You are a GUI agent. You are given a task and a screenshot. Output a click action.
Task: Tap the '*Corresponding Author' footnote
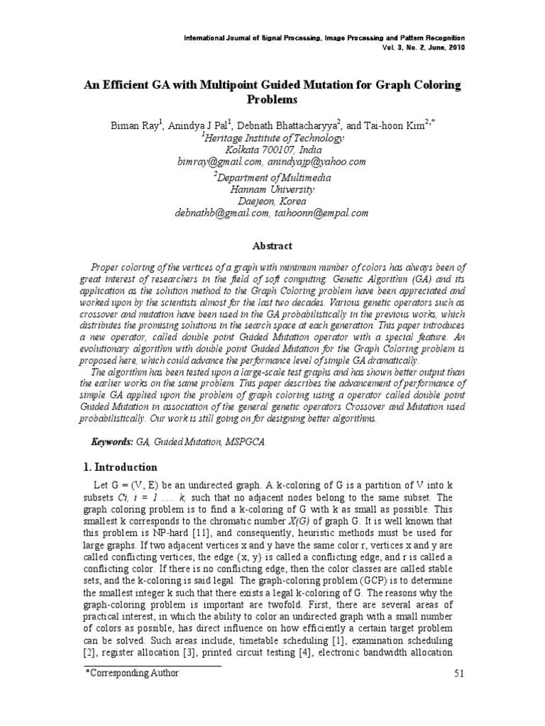132,673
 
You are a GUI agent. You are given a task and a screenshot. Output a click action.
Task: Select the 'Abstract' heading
272,246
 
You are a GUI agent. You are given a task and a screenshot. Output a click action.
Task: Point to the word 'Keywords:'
112,442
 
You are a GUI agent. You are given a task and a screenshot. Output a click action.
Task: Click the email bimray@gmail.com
220,162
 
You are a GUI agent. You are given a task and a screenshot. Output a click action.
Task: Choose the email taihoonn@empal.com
321,212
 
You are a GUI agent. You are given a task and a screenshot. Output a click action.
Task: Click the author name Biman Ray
135,125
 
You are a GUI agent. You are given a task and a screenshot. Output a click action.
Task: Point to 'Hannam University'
272,189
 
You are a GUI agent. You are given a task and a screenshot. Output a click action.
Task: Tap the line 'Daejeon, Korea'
272,201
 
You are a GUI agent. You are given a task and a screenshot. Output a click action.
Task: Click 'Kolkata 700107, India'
272,150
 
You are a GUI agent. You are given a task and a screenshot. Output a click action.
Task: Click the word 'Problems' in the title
272,99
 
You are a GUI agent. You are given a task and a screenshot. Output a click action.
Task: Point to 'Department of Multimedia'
275,177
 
